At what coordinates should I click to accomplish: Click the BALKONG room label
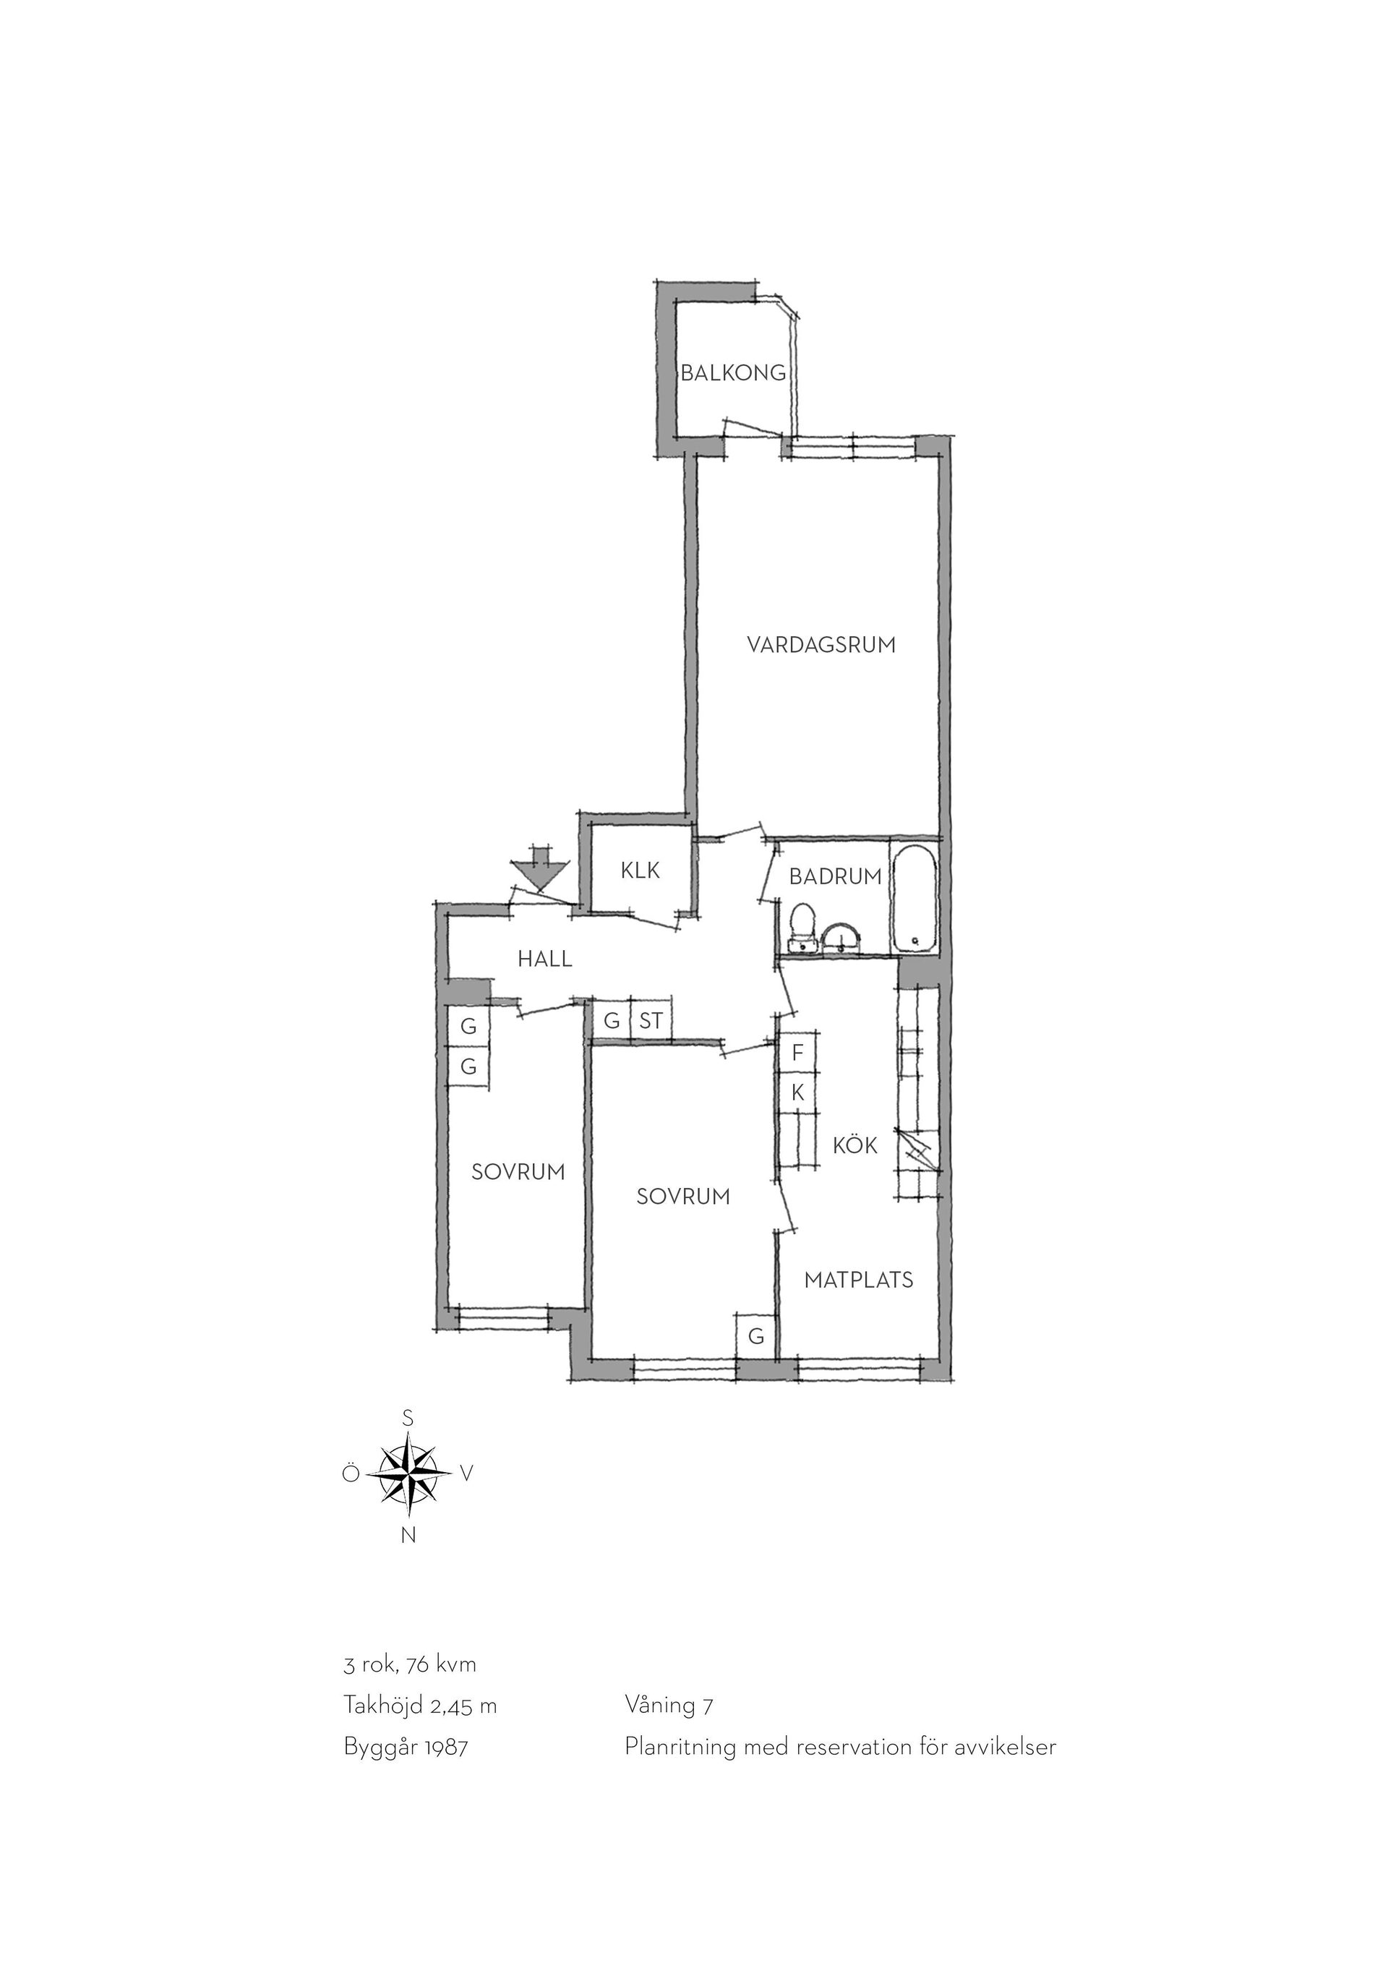click(732, 373)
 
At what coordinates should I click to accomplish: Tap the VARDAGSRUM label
click(821, 645)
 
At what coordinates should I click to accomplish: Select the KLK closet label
click(641, 871)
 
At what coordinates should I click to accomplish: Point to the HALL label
click(544, 959)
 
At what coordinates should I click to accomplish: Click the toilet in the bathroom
click(802, 928)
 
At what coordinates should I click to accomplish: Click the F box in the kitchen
click(797, 1053)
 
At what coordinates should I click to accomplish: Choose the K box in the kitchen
click(797, 1092)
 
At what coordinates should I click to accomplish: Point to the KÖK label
click(854, 1146)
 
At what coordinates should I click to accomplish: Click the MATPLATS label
click(858, 1280)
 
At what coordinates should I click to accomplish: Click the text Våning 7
click(669, 1706)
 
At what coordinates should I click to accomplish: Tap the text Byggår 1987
click(406, 1747)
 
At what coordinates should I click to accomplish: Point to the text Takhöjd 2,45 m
click(419, 1706)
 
